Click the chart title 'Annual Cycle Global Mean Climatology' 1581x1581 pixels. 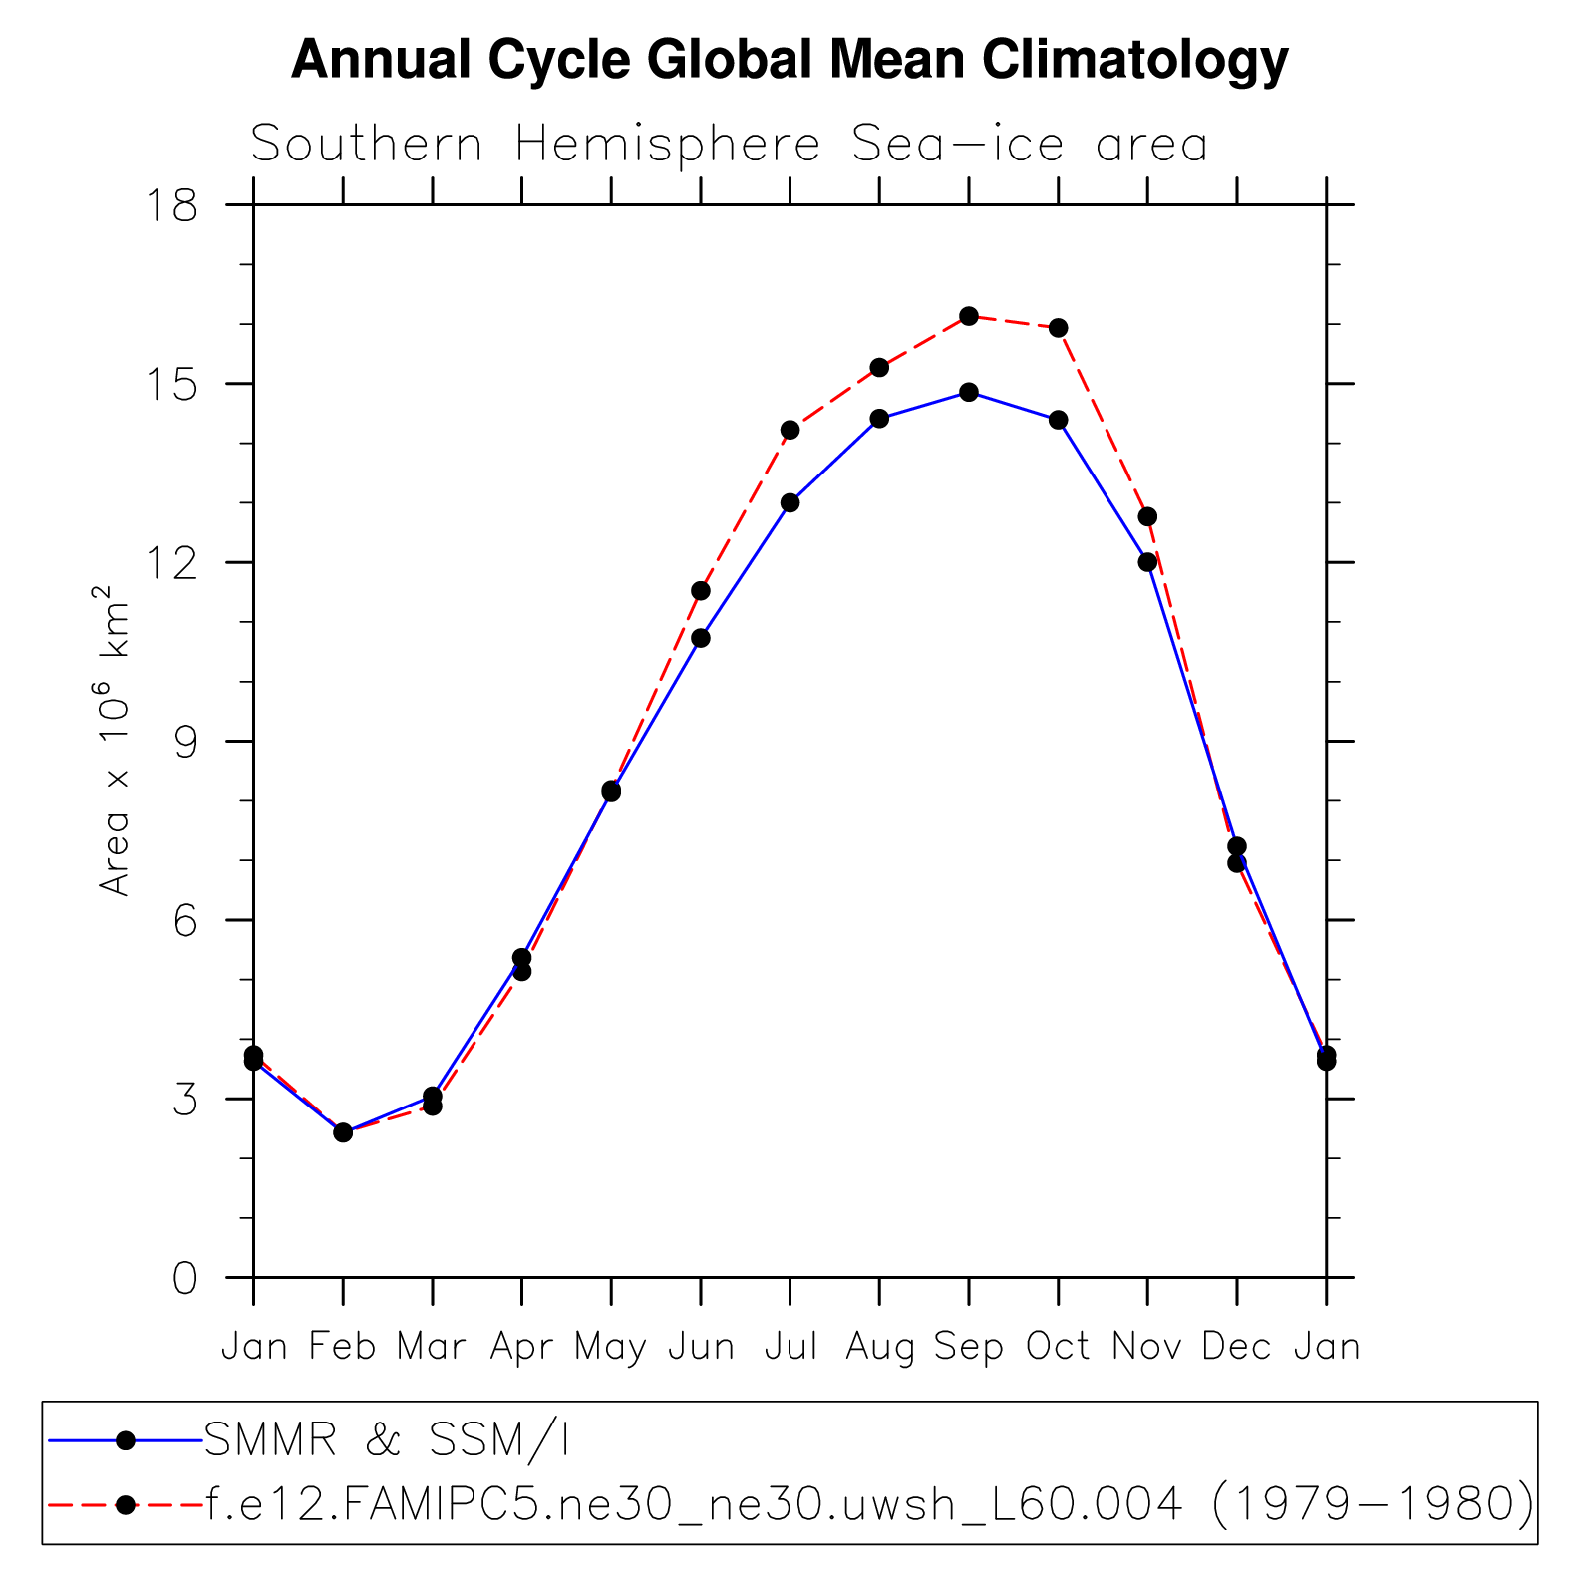pos(790,60)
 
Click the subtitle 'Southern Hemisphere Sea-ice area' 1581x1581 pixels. pos(729,145)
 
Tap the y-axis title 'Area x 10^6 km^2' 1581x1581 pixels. pos(115,741)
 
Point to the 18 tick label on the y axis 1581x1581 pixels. pos(171,206)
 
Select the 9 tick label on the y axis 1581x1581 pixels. pos(185,742)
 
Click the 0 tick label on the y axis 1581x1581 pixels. pos(185,1278)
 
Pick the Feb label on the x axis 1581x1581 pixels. pos(342,1347)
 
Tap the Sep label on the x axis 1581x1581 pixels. pos(968,1347)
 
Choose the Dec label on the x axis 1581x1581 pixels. pos(1236,1347)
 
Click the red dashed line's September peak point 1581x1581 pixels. pos(969,316)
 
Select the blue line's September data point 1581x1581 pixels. pos(969,392)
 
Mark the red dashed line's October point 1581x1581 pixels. pos(1059,328)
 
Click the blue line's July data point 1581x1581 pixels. pos(790,502)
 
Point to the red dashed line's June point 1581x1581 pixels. pos(701,591)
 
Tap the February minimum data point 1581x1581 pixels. pos(343,1132)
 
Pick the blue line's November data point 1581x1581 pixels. pos(1147,562)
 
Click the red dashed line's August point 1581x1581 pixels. pos(879,367)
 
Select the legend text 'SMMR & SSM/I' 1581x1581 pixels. pos(387,1440)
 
